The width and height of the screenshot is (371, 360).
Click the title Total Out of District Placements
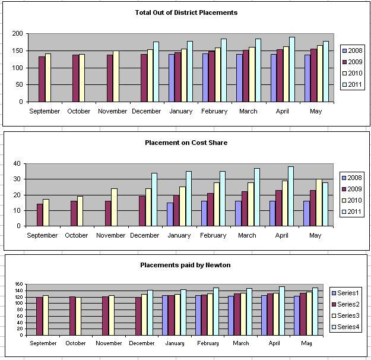tap(186, 12)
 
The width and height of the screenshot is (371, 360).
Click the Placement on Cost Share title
tap(186, 143)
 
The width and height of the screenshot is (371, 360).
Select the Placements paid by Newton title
tap(185, 265)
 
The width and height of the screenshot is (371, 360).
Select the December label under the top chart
tap(147, 111)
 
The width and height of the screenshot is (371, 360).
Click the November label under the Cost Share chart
tap(110, 235)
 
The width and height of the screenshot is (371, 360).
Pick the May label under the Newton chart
tap(306, 343)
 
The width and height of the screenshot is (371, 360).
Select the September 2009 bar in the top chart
tap(42, 79)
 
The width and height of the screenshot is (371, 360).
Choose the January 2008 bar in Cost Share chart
tap(170, 214)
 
